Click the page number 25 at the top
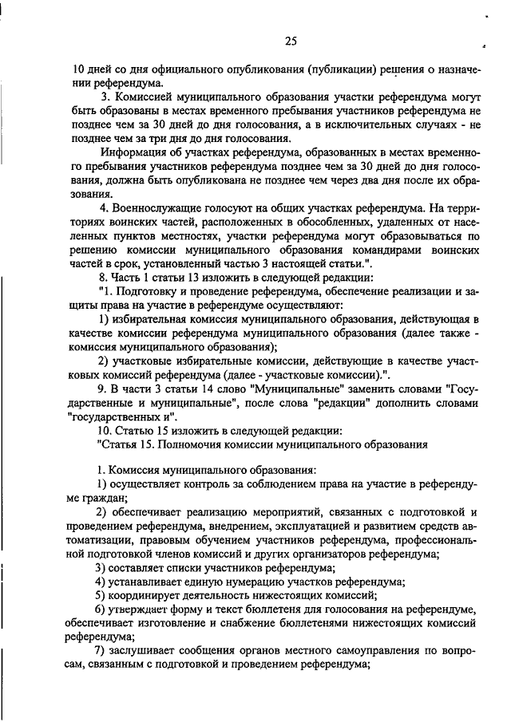[290, 41]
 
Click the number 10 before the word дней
[78, 69]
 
